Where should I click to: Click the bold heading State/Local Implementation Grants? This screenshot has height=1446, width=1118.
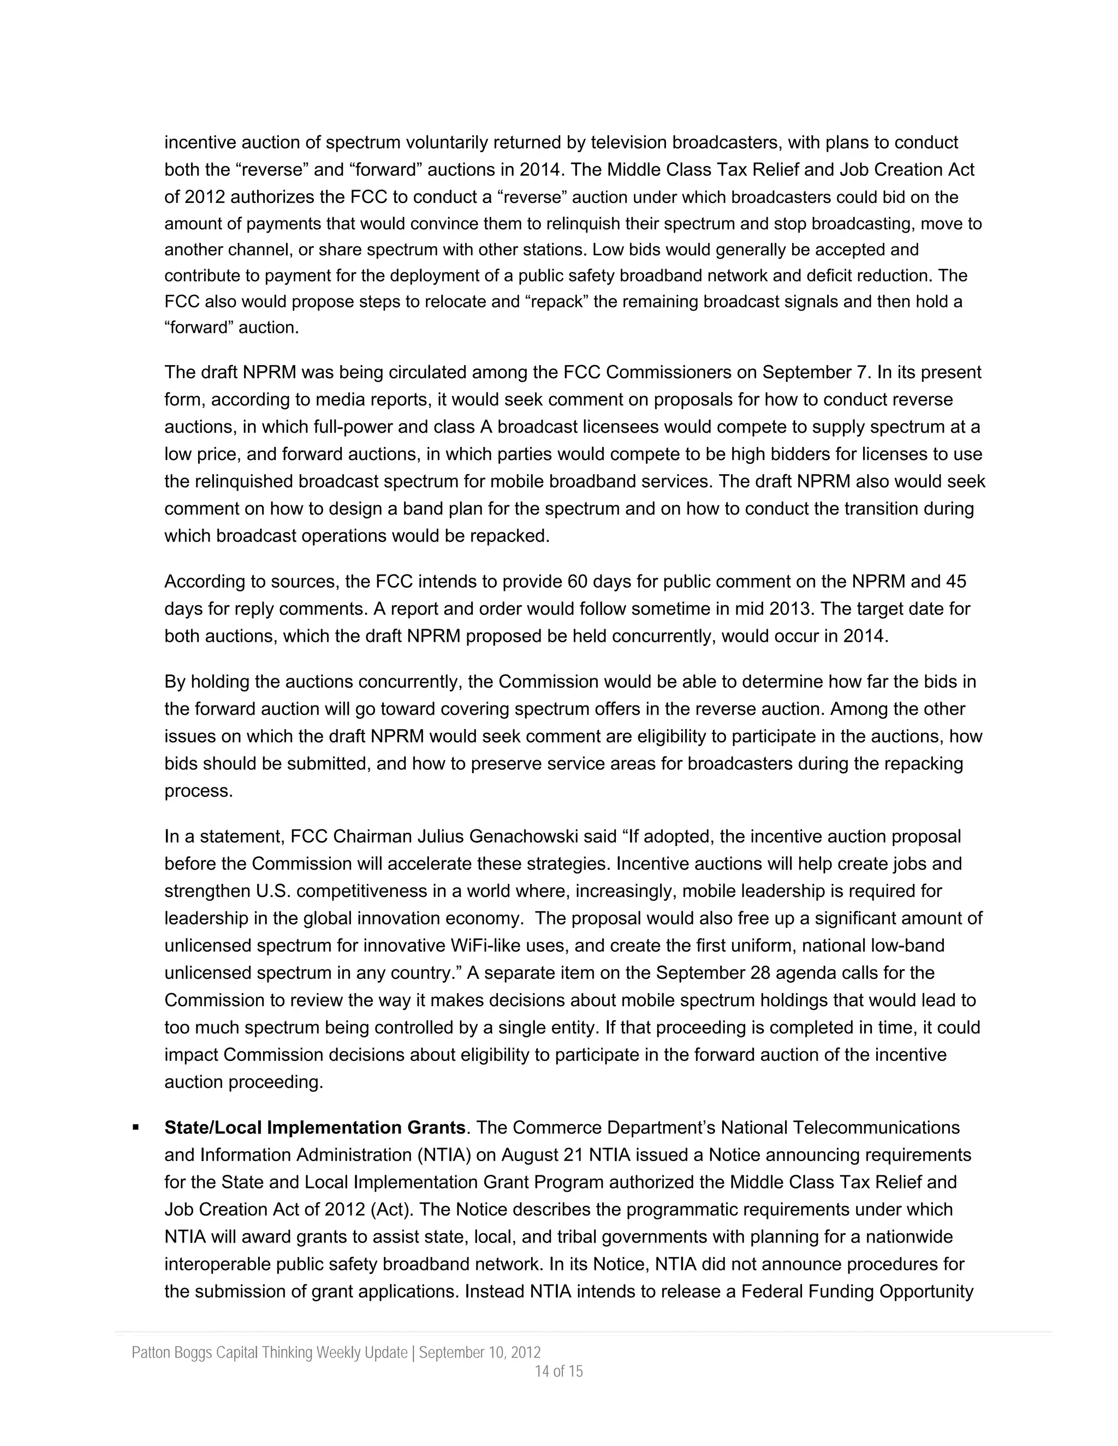tap(314, 1127)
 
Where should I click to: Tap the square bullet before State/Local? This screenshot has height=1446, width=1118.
tap(136, 1127)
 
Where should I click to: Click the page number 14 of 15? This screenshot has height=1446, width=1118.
tap(558, 1371)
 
